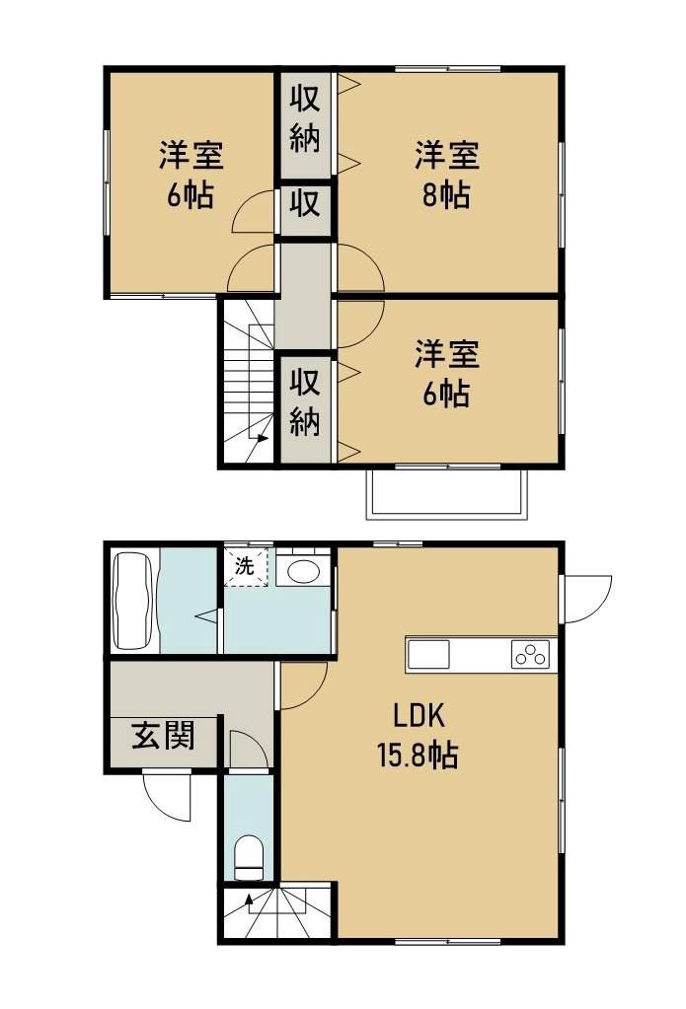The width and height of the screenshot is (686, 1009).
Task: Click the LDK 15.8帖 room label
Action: (415, 736)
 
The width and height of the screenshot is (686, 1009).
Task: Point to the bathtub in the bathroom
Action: (133, 601)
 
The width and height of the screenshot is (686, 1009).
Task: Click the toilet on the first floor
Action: (250, 856)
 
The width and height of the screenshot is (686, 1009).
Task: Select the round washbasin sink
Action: (302, 571)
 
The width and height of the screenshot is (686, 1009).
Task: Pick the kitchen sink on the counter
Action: (427, 654)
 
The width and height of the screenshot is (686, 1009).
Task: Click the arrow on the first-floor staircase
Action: (247, 899)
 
